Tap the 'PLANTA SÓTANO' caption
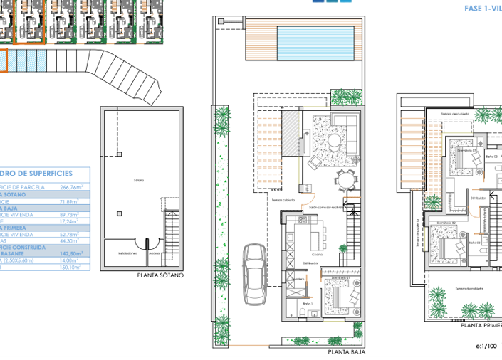[160, 275]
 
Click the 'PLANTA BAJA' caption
[346, 351]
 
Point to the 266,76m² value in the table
[70, 187]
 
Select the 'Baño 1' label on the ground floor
[307, 304]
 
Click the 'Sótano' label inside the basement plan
[138, 180]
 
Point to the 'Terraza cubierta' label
[281, 200]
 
